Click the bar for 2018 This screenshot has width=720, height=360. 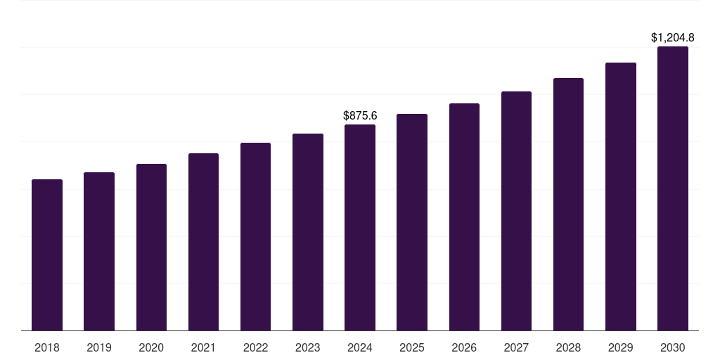coord(47,255)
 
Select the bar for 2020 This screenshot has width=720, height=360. coord(151,247)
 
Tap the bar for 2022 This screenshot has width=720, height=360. coord(255,236)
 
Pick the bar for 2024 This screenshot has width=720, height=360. coord(360,227)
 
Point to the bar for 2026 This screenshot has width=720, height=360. coord(464,217)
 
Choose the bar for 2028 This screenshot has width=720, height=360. coord(568,204)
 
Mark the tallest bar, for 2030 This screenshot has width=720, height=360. coord(673,188)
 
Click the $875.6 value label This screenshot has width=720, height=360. coord(360,115)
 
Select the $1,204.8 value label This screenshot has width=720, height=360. coord(673,37)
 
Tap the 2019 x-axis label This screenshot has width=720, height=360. coord(99,347)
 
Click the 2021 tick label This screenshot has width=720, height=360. coord(203,347)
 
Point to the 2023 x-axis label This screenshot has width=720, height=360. coord(308,347)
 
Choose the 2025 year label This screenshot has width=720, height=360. coord(412,347)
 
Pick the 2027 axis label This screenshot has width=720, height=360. coord(516,347)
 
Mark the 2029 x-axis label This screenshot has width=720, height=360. coord(621,347)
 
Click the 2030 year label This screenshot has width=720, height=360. coord(673,347)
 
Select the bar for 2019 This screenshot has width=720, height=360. coord(99,251)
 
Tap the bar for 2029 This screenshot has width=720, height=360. coord(621,196)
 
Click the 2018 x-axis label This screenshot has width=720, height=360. coord(47,347)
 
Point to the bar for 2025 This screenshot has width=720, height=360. coord(412,222)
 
